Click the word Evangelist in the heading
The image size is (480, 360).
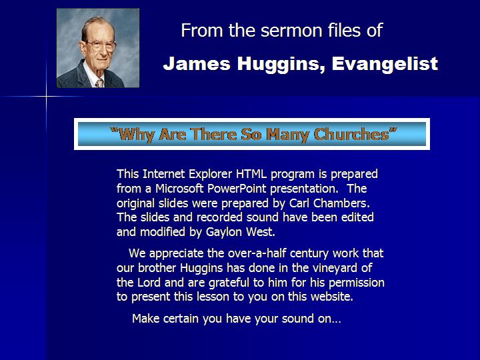click(385, 64)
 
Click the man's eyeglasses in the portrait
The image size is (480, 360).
click(101, 45)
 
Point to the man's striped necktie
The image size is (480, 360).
click(99, 83)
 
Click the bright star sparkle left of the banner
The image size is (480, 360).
click(47, 97)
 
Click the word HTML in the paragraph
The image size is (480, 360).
click(251, 174)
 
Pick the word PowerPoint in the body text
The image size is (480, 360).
click(237, 188)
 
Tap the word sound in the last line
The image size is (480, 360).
click(297, 319)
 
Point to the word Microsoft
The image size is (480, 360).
click(179, 188)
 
